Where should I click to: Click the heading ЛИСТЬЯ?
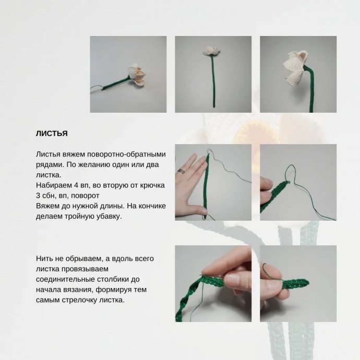point(52,134)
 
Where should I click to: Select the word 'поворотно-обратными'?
point(126,154)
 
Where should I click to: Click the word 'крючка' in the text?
point(153,186)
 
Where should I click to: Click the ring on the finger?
point(181,171)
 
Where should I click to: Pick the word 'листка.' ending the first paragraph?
point(49,175)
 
